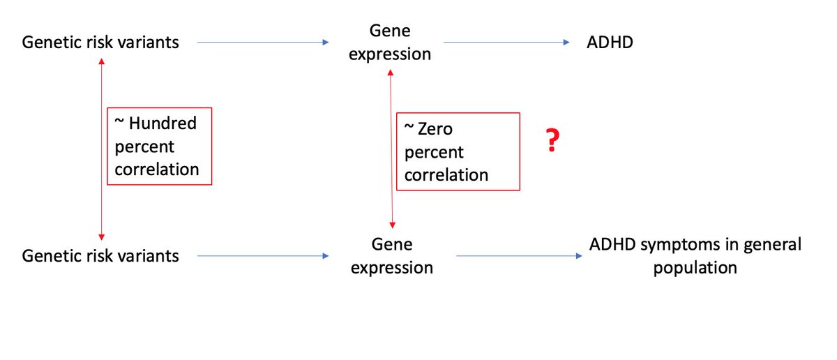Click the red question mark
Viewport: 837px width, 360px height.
coord(552,142)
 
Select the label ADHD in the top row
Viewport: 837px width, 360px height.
coord(610,43)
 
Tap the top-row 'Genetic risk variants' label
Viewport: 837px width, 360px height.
coord(101,43)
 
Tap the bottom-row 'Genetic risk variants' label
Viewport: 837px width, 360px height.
coord(101,256)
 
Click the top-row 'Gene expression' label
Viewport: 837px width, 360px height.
coord(390,43)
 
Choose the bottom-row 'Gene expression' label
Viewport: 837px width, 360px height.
coord(392,256)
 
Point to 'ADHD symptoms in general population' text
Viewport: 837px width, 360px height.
coord(695,256)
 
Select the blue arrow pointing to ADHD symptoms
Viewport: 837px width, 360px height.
coord(520,256)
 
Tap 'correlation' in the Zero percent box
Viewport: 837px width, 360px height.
coord(446,174)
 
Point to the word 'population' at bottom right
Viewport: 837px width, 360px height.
coord(695,268)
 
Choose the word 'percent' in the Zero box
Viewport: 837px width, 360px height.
coord(435,152)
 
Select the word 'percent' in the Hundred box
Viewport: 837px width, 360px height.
coord(144,147)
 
